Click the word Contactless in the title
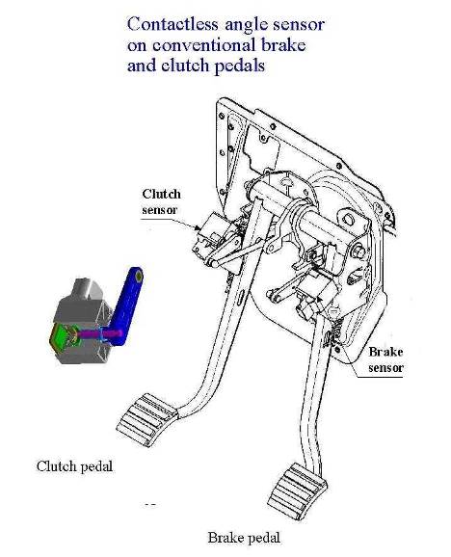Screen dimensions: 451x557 (x=172, y=24)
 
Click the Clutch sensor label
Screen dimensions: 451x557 (x=161, y=201)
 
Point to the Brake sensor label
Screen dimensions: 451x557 (x=385, y=359)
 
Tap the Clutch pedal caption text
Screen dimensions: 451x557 (x=74, y=466)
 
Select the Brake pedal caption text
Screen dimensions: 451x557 (x=244, y=538)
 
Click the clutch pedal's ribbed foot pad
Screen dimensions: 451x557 (x=146, y=419)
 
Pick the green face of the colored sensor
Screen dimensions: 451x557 (x=61, y=335)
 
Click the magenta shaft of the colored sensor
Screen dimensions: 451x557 (x=99, y=334)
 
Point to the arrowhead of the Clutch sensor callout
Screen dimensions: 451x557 (x=199, y=228)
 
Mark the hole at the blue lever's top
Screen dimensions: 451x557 (x=139, y=275)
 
